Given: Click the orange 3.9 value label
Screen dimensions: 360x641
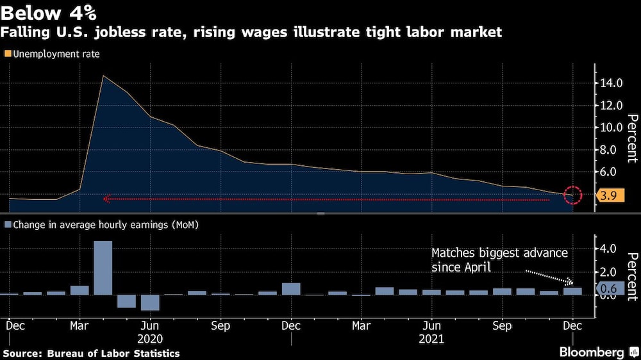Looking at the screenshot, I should [x=610, y=196].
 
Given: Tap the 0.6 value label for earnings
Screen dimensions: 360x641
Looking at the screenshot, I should [x=610, y=290].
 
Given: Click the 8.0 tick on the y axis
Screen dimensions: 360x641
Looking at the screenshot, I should [x=610, y=150].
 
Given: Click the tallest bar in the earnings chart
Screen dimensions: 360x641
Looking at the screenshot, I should [x=103, y=268].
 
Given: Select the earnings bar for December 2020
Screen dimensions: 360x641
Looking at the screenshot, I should [x=291, y=289].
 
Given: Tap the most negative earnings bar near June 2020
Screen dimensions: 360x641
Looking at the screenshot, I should [x=150, y=302].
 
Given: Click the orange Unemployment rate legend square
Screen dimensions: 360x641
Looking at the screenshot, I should [x=7, y=54].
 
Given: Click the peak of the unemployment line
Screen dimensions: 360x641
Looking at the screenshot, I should [x=103, y=76].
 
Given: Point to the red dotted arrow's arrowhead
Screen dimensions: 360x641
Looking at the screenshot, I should [x=106, y=199].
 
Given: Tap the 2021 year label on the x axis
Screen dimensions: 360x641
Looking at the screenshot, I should [x=432, y=339].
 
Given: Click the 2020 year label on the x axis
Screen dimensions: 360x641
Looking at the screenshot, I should [x=150, y=339].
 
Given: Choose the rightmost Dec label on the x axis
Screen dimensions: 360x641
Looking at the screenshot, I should [x=572, y=325].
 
